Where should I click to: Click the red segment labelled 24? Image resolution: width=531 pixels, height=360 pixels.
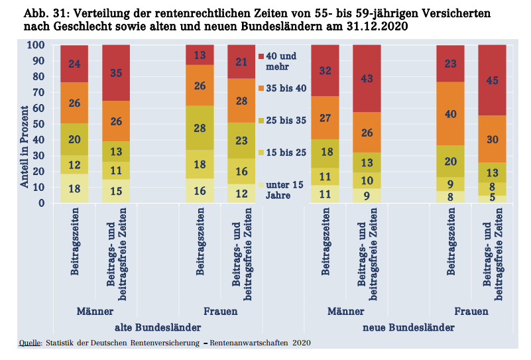74,64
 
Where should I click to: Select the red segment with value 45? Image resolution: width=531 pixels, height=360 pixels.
492,80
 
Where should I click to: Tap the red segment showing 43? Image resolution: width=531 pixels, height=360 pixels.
367,78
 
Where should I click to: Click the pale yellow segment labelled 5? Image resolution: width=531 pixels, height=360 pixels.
492,198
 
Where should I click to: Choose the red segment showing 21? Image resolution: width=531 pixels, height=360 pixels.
241,62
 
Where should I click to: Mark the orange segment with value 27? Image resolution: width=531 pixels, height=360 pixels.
325,118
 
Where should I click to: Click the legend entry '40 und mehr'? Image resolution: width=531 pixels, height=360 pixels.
281,61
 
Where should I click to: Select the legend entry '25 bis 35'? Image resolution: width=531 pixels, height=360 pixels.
285,121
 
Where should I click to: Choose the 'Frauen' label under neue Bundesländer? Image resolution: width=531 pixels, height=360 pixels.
471,311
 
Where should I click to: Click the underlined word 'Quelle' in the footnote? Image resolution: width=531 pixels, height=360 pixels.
30,343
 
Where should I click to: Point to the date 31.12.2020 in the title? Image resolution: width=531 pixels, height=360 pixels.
375,27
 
